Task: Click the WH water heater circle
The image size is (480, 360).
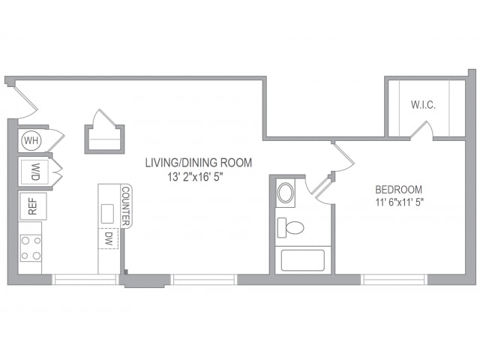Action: [31, 141]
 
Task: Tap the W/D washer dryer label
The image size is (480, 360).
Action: [35, 172]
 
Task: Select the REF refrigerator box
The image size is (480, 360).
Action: [33, 206]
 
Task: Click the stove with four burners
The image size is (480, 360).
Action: [31, 248]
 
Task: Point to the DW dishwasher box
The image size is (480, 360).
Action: [108, 238]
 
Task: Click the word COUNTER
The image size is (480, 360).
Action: [126, 206]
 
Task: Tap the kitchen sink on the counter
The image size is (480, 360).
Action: [107, 214]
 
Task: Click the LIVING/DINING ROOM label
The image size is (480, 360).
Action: [199, 163]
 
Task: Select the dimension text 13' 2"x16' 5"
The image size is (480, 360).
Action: [195, 177]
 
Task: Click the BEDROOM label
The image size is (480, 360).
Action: [398, 190]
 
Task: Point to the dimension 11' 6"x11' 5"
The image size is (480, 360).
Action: [400, 202]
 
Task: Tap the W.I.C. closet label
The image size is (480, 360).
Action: [423, 105]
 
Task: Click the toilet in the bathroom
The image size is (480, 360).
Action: [290, 228]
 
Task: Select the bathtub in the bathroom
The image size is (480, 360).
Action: [303, 260]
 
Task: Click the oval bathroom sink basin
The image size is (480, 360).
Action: [285, 193]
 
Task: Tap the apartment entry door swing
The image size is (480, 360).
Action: [25, 101]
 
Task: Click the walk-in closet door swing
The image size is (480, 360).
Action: [421, 130]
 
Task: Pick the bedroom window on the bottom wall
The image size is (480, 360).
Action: [394, 280]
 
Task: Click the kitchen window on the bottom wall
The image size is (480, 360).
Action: [85, 280]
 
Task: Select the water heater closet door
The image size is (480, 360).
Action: [56, 140]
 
